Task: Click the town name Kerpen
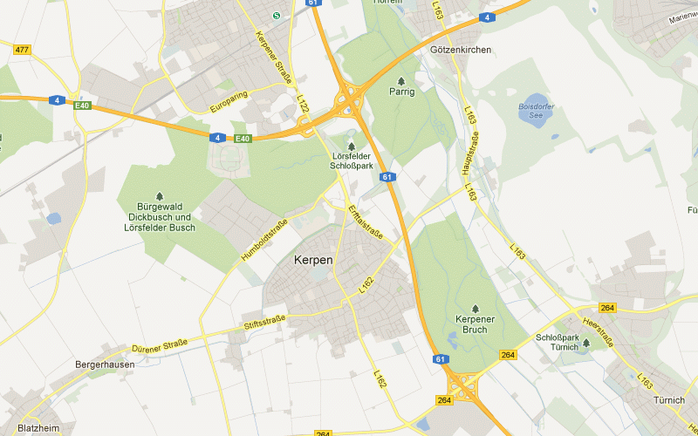(x=313, y=260)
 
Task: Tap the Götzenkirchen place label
(x=461, y=51)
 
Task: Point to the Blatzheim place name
(x=38, y=428)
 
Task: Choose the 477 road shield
(x=22, y=50)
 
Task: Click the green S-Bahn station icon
(x=277, y=15)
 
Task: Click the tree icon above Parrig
(x=401, y=80)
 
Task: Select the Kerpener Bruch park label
(x=476, y=324)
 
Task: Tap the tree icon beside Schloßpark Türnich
(x=585, y=343)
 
